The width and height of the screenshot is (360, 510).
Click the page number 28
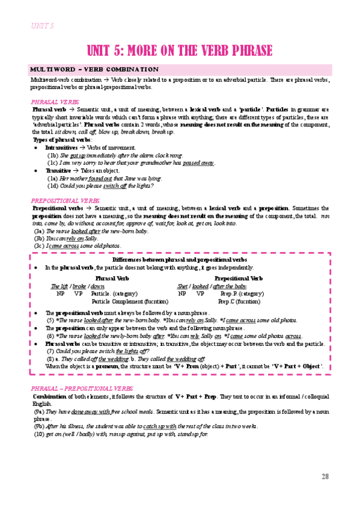click(x=325, y=476)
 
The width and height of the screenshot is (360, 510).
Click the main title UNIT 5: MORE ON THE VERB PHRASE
click(x=180, y=51)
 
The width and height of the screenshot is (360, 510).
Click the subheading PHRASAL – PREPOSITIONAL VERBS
click(x=73, y=389)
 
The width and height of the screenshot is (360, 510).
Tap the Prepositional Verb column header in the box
click(x=239, y=278)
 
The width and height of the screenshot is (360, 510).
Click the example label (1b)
click(x=52, y=155)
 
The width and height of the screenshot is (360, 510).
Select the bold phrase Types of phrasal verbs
click(x=60, y=140)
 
